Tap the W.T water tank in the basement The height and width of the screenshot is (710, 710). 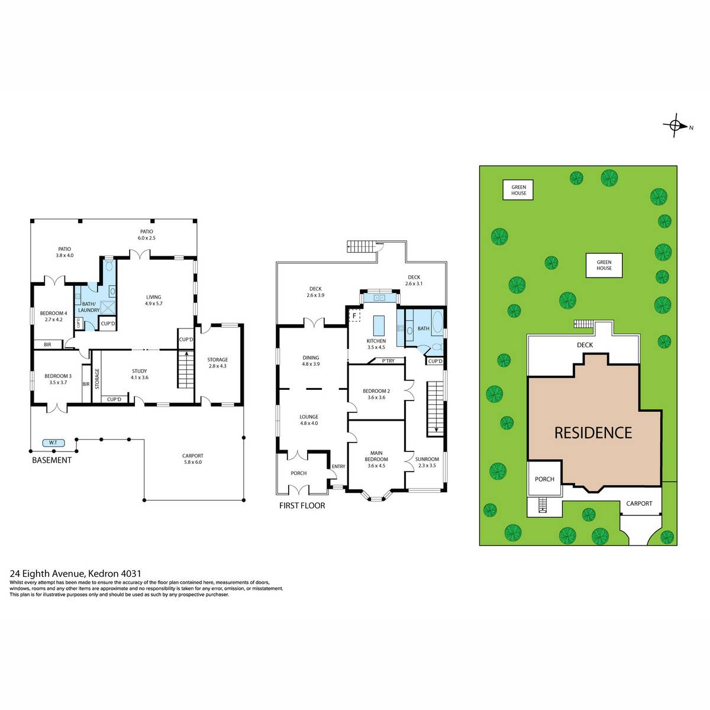[x=53, y=443]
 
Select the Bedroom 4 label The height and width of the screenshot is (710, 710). [x=53, y=317]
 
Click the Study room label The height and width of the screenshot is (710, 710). [x=139, y=375]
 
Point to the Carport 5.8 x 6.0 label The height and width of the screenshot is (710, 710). [x=192, y=459]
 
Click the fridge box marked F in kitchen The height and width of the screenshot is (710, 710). [x=354, y=316]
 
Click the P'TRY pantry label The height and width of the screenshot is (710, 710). [x=388, y=361]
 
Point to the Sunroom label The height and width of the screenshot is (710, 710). [x=427, y=462]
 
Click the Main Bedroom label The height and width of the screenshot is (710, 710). [x=376, y=459]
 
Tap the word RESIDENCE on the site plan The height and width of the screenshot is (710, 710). [x=593, y=433]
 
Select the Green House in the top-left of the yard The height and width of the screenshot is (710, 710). [x=518, y=190]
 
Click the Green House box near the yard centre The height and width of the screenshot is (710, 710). [x=604, y=265]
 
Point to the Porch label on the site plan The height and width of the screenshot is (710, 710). [x=544, y=479]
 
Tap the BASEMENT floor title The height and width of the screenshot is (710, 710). [x=51, y=460]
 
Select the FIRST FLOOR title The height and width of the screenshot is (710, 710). [x=302, y=505]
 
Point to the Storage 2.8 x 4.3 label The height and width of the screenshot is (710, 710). [x=217, y=363]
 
